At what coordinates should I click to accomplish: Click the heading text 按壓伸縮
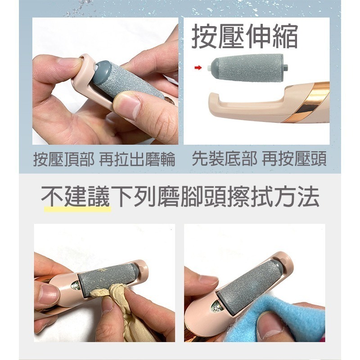click(x=245, y=36)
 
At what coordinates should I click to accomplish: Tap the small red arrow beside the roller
click(x=197, y=68)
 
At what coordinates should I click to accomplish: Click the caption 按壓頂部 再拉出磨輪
click(x=104, y=160)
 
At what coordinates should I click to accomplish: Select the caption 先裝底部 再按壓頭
click(x=259, y=160)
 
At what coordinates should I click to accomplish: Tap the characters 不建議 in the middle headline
click(x=76, y=198)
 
